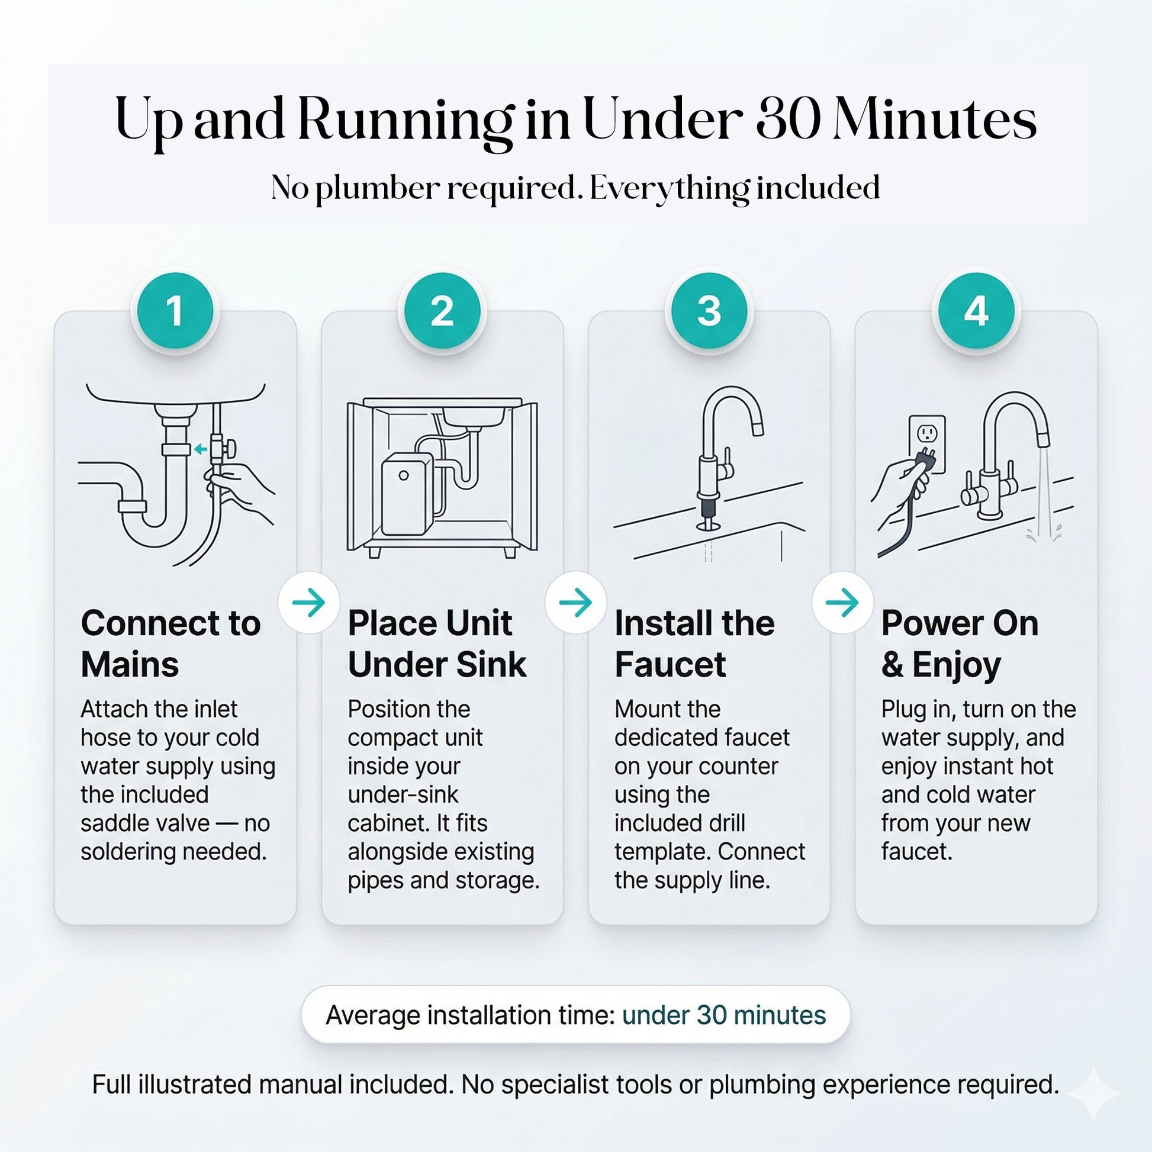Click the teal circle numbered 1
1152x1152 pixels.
[x=175, y=311]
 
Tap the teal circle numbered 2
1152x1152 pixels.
[x=442, y=311]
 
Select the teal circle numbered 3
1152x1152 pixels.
[x=709, y=311]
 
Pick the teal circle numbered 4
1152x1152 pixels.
[x=976, y=311]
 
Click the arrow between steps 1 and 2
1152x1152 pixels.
[x=309, y=602]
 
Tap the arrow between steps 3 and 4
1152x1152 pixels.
[x=842, y=602]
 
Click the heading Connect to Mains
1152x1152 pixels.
[x=171, y=644]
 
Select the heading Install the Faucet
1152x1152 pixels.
[x=694, y=644]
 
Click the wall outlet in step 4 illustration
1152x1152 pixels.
[x=927, y=443]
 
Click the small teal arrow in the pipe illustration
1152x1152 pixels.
[x=201, y=449]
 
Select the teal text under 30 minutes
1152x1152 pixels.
[x=724, y=1015]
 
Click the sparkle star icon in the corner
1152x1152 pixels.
[x=1093, y=1094]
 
